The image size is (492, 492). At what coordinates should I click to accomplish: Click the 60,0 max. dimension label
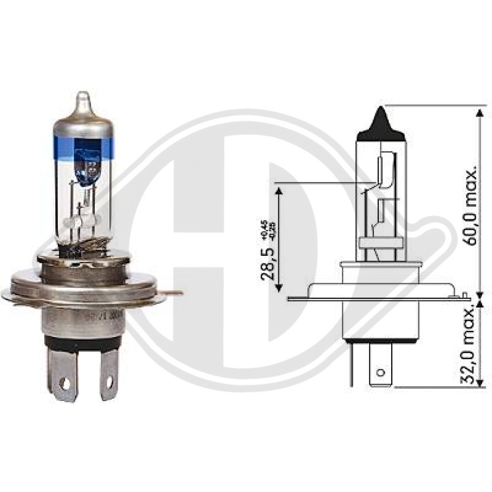[470, 207]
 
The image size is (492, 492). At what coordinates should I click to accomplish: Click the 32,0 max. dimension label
[470, 344]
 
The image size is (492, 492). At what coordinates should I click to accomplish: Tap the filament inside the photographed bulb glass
[84, 216]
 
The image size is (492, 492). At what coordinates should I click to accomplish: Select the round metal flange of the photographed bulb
[84, 285]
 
